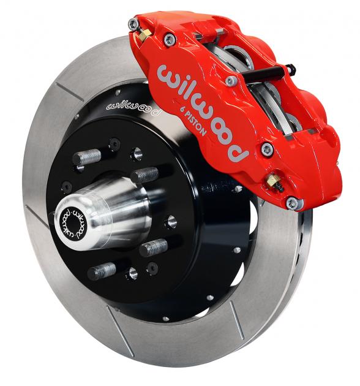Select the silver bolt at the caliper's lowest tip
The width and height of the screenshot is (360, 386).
[293, 202]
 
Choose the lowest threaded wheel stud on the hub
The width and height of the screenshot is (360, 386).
[103, 270]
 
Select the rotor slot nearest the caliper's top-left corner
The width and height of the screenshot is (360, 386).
[69, 89]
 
